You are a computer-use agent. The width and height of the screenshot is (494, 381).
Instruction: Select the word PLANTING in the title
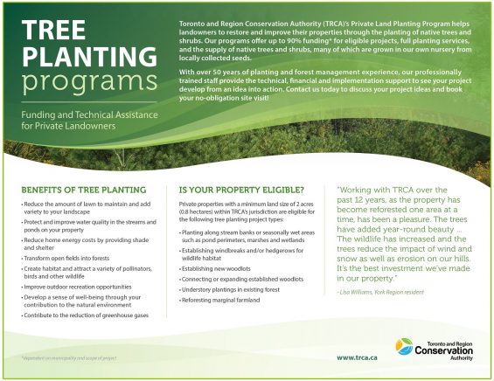[x=84, y=57]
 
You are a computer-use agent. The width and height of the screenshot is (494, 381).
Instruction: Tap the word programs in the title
[x=84, y=83]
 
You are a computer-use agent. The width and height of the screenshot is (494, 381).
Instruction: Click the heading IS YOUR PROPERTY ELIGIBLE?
[x=240, y=190]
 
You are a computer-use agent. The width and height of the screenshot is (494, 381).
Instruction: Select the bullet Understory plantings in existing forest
[x=231, y=290]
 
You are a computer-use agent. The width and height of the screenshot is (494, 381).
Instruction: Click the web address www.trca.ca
[x=357, y=357]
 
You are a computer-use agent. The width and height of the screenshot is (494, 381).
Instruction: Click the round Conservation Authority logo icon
[x=405, y=347]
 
